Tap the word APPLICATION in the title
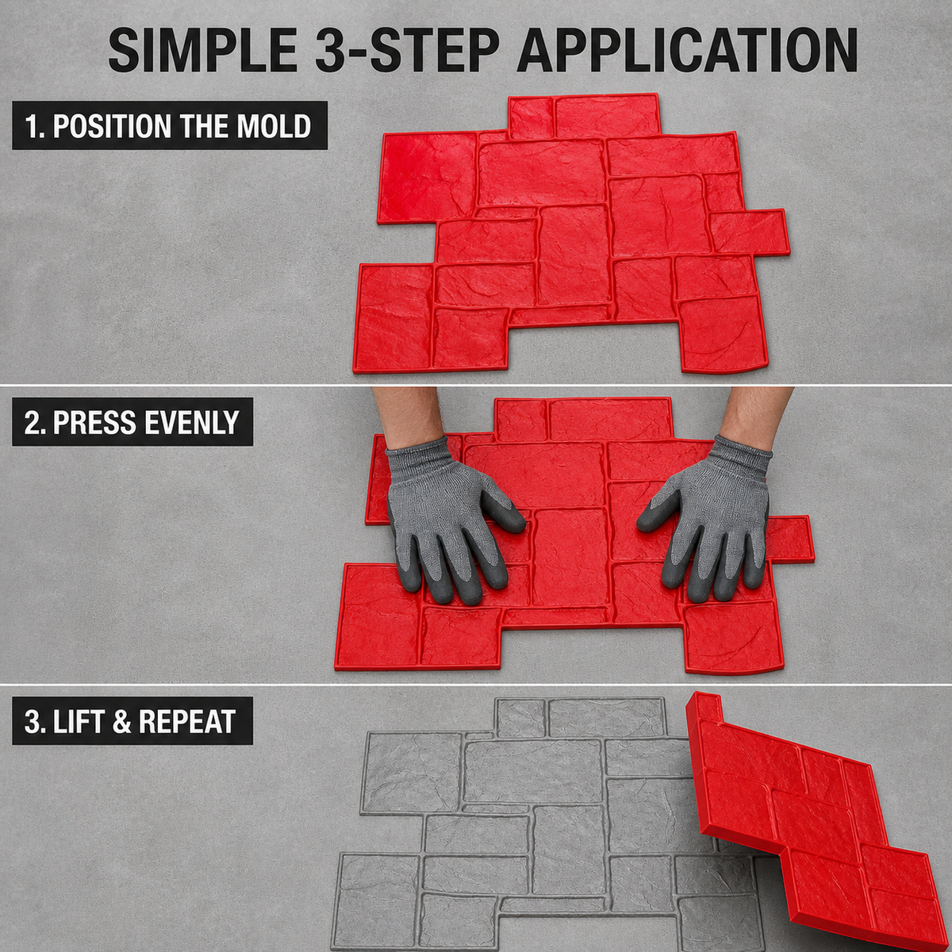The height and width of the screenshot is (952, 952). pos(687,51)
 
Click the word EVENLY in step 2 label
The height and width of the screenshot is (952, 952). pos(193,422)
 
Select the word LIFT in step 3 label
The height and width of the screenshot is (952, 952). pos(79,721)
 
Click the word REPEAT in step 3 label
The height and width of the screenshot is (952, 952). pos(187,721)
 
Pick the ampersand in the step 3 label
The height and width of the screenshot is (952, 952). pos(122,721)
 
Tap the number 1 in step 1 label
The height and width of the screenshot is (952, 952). pos(31,126)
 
